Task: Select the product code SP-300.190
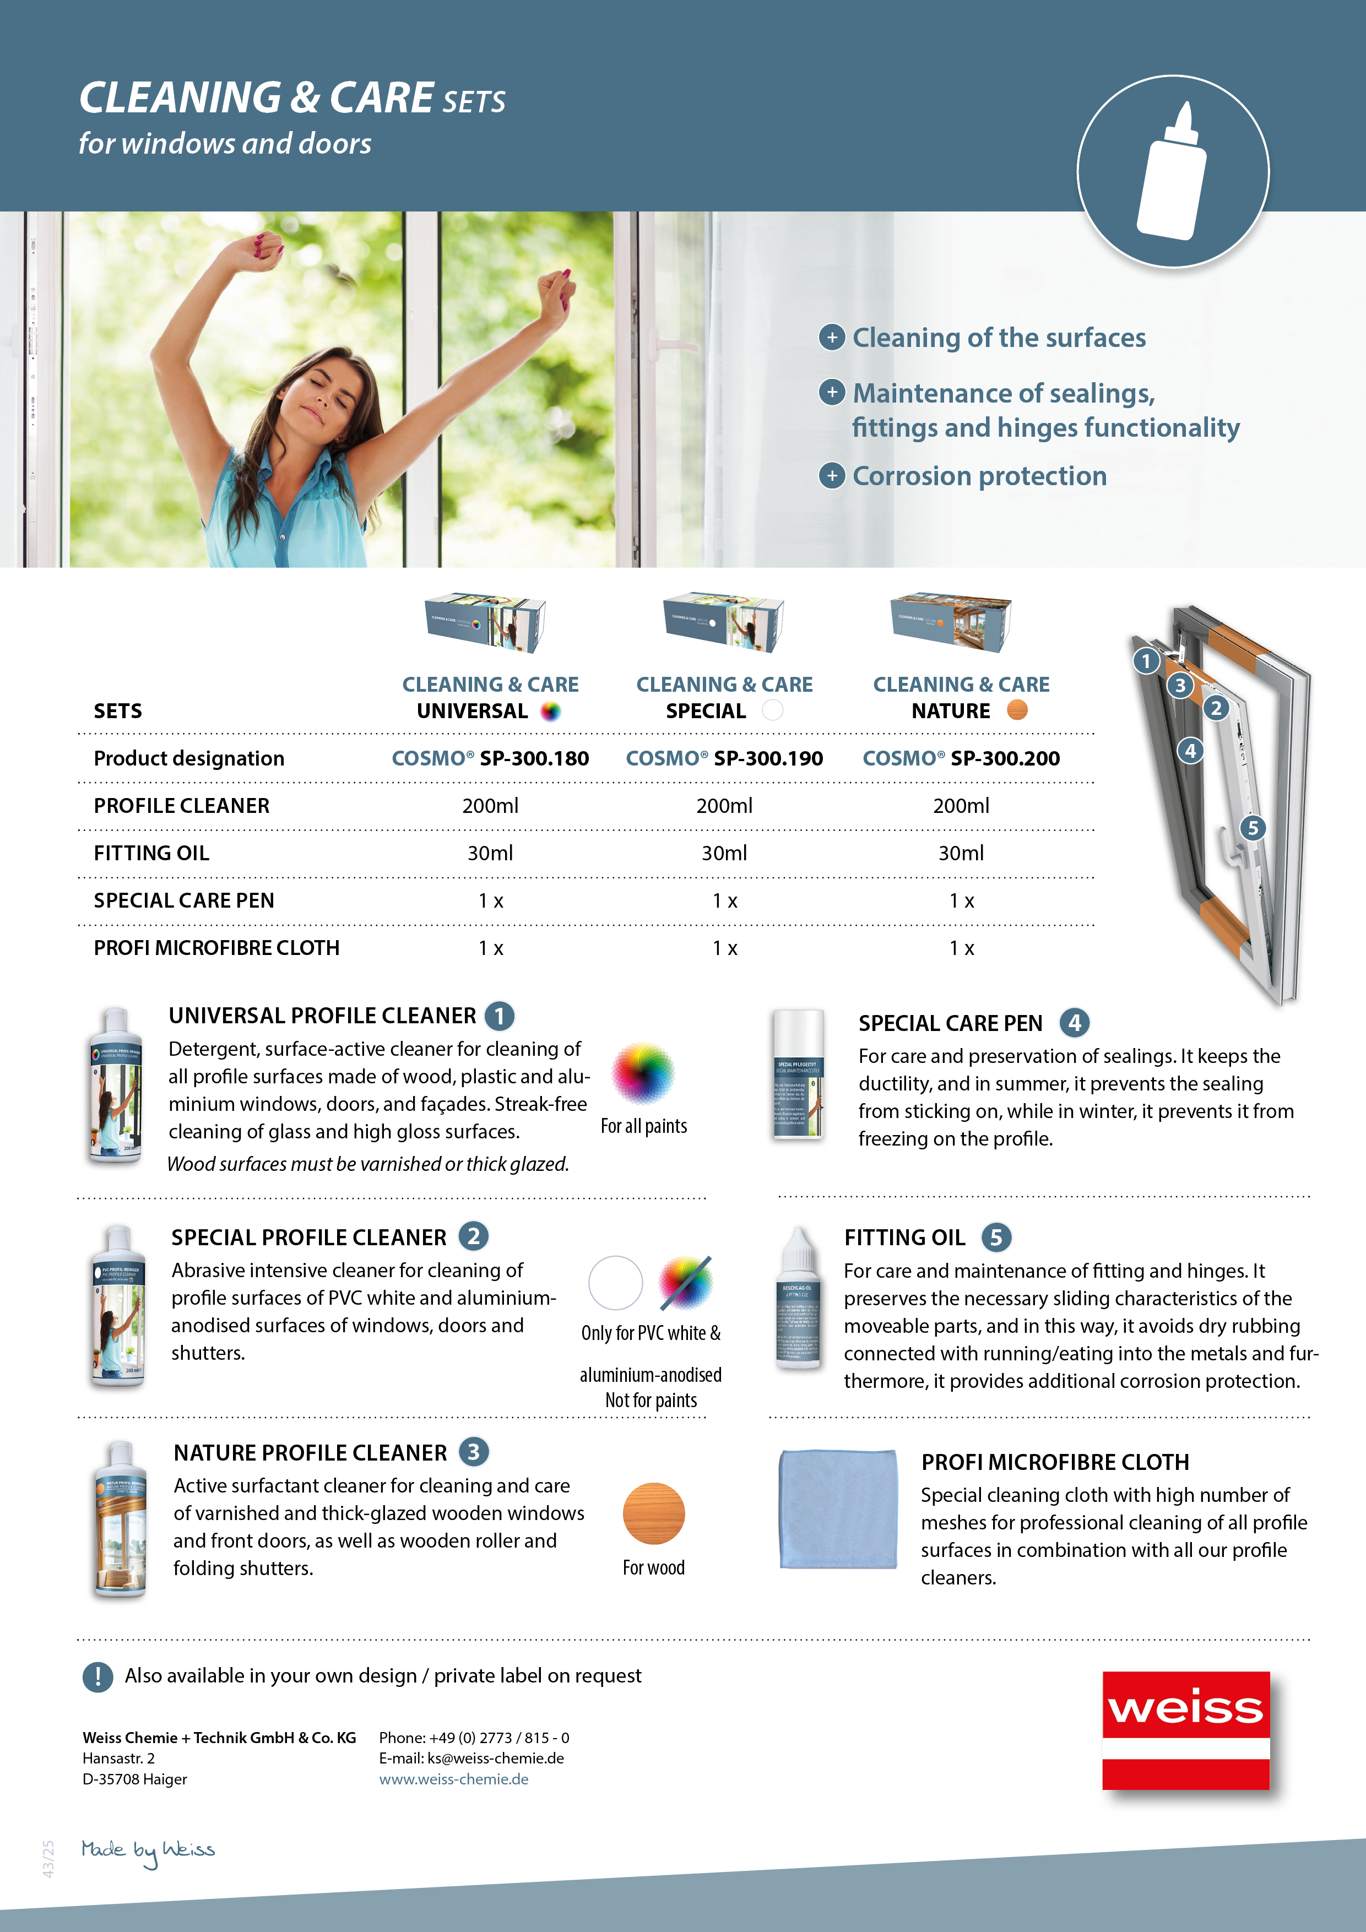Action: (x=768, y=758)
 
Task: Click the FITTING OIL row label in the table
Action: (x=151, y=853)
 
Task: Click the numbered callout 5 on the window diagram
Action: (x=1253, y=828)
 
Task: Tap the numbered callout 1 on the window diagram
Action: (x=1146, y=661)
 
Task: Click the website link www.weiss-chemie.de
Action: (x=454, y=1779)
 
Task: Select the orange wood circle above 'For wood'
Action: (x=653, y=1513)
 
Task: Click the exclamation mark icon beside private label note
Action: (x=97, y=1677)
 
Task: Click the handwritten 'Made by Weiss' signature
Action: (x=148, y=1850)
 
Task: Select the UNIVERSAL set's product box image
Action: (x=486, y=623)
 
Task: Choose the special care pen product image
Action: (x=798, y=1076)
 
